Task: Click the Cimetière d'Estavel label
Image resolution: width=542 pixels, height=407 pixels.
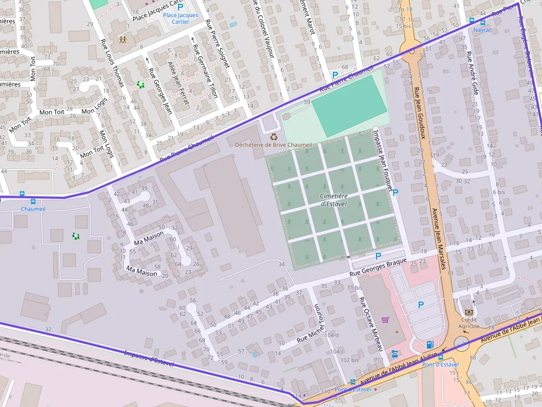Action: [334, 200]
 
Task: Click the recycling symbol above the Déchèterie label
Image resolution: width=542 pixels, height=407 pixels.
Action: [273, 136]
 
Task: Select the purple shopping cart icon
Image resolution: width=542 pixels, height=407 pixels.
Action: [385, 319]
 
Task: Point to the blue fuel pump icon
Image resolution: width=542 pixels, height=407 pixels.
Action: [430, 345]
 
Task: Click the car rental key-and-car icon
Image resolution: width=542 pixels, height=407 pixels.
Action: [394, 353]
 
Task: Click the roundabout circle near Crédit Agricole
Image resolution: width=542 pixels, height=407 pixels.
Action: [461, 345]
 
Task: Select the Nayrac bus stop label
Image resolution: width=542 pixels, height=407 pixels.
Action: [482, 30]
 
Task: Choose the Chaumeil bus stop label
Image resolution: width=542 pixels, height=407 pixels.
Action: [33, 209]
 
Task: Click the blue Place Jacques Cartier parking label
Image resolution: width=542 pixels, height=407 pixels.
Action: [180, 19]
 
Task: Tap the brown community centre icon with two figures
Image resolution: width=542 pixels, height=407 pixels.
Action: [122, 40]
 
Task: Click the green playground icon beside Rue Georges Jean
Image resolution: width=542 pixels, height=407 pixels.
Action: [140, 84]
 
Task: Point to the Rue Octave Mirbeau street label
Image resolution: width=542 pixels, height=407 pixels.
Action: [372, 324]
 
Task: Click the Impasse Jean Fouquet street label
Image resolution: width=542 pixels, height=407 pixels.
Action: [384, 160]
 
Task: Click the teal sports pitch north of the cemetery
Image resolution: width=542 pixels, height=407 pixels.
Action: [349, 105]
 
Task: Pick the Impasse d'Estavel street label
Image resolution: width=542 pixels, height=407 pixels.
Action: [149, 359]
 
